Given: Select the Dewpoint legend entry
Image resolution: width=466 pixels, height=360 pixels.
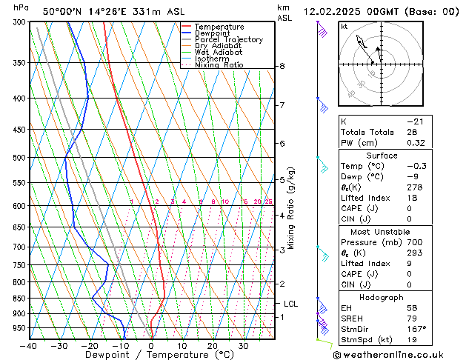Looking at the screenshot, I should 216,33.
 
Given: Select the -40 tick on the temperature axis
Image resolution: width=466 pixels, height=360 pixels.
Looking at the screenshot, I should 30,346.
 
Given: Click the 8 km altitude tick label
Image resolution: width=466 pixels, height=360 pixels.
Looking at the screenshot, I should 282,66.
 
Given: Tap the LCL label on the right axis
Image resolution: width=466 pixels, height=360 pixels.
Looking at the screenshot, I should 291,304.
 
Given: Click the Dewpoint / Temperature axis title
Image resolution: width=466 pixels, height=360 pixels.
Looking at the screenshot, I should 152,355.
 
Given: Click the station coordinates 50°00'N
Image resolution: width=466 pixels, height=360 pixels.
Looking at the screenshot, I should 62,12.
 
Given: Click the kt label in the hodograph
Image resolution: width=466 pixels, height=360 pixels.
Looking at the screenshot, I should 344,27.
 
